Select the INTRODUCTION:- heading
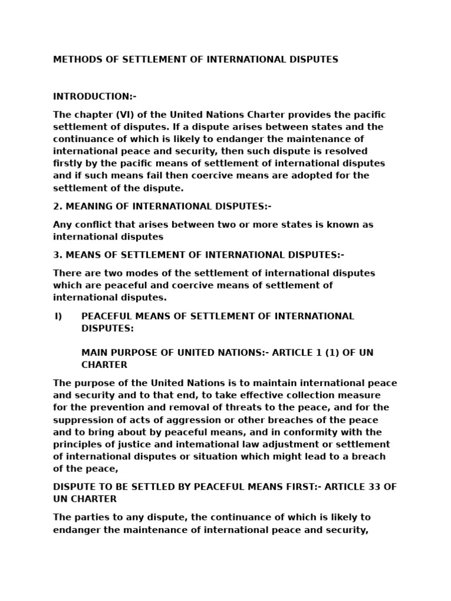(95, 96)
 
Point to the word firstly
(67, 163)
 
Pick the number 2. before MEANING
(57, 206)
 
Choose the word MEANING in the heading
(87, 206)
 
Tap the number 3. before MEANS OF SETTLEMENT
(57, 255)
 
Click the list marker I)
(58, 316)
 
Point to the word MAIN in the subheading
(94, 353)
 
